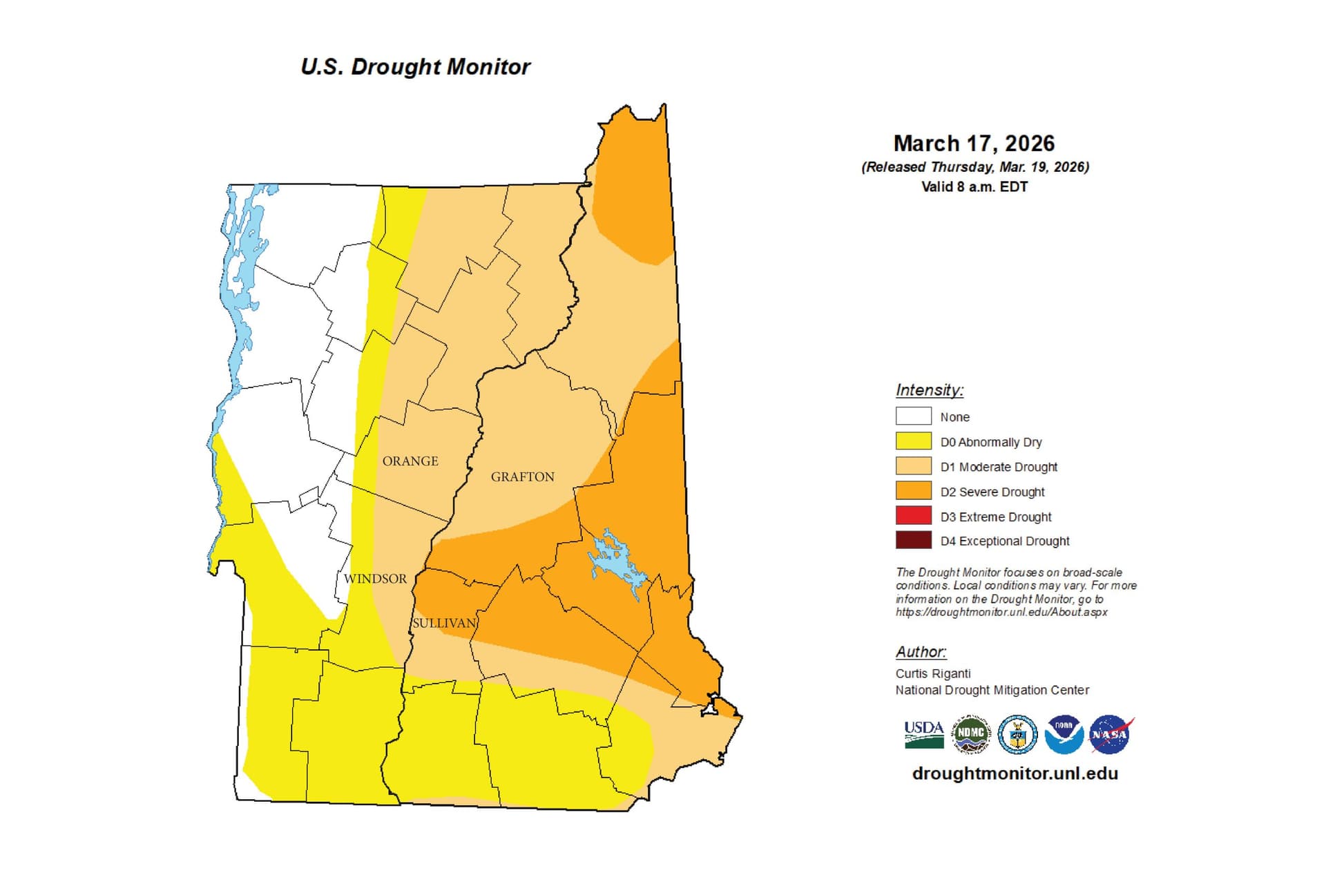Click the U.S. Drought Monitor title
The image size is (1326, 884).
415,66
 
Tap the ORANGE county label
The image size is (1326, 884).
410,461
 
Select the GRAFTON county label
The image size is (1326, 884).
522,477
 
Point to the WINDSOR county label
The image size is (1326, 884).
375,579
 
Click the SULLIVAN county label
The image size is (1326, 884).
444,623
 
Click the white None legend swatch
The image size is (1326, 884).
913,416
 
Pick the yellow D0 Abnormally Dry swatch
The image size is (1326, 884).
913,441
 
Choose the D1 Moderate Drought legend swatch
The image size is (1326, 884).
913,466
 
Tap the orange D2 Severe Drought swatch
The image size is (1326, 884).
913,491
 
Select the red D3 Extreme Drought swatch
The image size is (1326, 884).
913,516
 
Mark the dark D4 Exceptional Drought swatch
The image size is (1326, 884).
913,540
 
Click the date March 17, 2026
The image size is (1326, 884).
974,144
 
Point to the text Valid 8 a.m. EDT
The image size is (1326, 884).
974,186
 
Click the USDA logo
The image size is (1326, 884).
923,734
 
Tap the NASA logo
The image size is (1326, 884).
1110,734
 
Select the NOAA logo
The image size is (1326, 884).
1064,734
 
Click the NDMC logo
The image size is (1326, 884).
970,734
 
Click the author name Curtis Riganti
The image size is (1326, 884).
932,673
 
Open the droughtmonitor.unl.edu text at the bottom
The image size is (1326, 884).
1015,773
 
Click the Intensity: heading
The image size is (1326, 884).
929,390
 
